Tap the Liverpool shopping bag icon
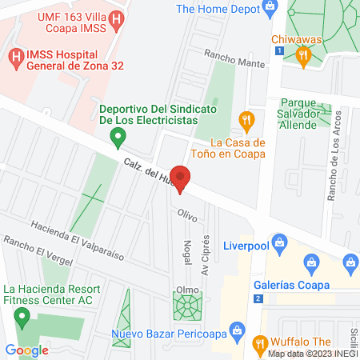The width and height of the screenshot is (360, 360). [x=279, y=241]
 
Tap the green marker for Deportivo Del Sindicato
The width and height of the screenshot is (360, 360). [x=118, y=138]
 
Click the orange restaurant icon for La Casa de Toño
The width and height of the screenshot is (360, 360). [x=246, y=122]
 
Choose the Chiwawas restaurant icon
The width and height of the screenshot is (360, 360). [x=302, y=55]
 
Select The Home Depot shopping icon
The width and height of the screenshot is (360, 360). [x=270, y=10]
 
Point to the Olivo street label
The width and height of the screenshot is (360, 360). [x=187, y=214]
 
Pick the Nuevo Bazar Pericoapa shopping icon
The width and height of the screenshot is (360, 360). [x=237, y=329]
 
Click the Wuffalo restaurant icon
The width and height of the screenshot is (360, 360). [x=259, y=345]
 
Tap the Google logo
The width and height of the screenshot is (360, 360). [x=27, y=350]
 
